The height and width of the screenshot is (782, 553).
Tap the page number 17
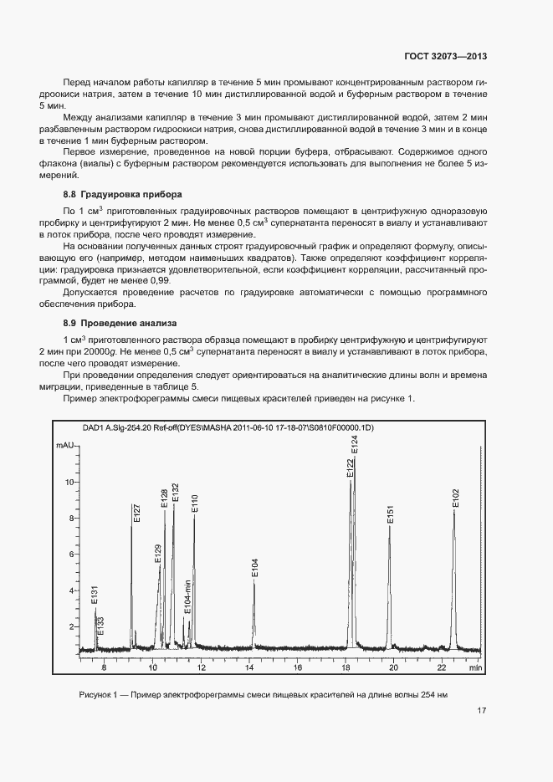coord(482,711)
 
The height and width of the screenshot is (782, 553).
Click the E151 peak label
coord(390,515)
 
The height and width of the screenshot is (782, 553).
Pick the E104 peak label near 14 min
coord(255,567)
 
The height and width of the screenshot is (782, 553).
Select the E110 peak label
coord(195,503)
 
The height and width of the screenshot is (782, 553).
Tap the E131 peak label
coord(95,595)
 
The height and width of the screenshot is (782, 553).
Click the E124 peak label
coord(355,445)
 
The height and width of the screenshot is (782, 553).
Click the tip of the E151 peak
coord(389,526)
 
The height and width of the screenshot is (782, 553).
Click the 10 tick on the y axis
coord(69,483)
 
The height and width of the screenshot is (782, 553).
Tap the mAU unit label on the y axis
coord(66,447)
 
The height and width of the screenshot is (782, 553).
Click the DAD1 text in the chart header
coord(94,428)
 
